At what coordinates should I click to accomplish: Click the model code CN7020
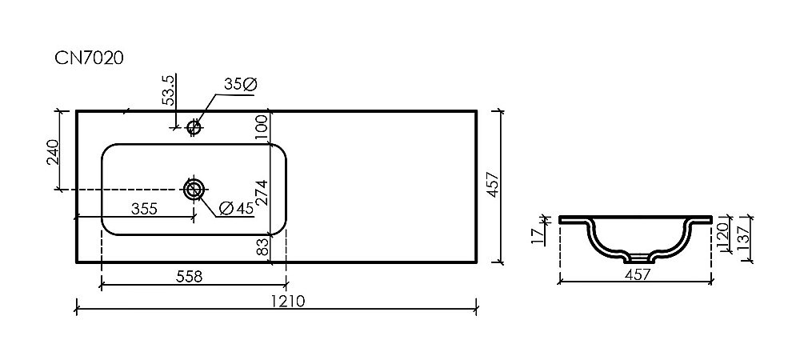[x=88, y=58]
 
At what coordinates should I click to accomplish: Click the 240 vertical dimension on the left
[x=53, y=152]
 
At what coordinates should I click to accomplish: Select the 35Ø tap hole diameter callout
[x=240, y=83]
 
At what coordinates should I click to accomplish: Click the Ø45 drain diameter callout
[x=235, y=208]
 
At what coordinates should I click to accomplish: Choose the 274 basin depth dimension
[x=260, y=190]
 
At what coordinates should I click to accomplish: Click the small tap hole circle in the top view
[x=193, y=126]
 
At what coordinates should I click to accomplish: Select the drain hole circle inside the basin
[x=194, y=190]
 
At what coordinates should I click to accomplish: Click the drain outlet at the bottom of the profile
[x=638, y=258]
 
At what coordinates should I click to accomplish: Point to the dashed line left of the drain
[x=120, y=190]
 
